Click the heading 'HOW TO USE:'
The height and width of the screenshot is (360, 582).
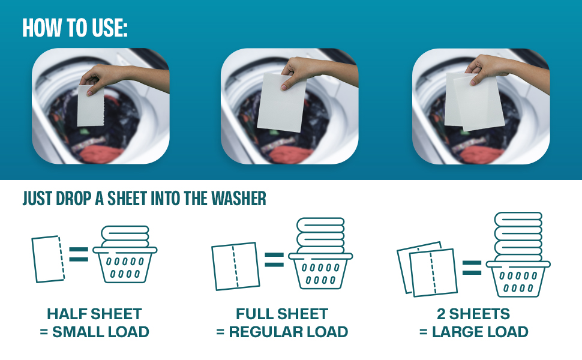tap(75, 28)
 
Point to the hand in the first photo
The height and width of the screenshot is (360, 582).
tap(99, 77)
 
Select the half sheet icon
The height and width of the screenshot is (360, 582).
tap(48, 259)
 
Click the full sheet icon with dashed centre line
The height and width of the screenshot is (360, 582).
tap(235, 266)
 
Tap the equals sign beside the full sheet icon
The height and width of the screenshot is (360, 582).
tap(274, 259)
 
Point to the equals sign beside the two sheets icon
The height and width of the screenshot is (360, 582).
tap(472, 268)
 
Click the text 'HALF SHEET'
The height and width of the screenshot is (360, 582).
tap(94, 314)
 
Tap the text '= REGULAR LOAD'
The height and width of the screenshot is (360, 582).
tap(282, 332)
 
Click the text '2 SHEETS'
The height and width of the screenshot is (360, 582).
tap(474, 314)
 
